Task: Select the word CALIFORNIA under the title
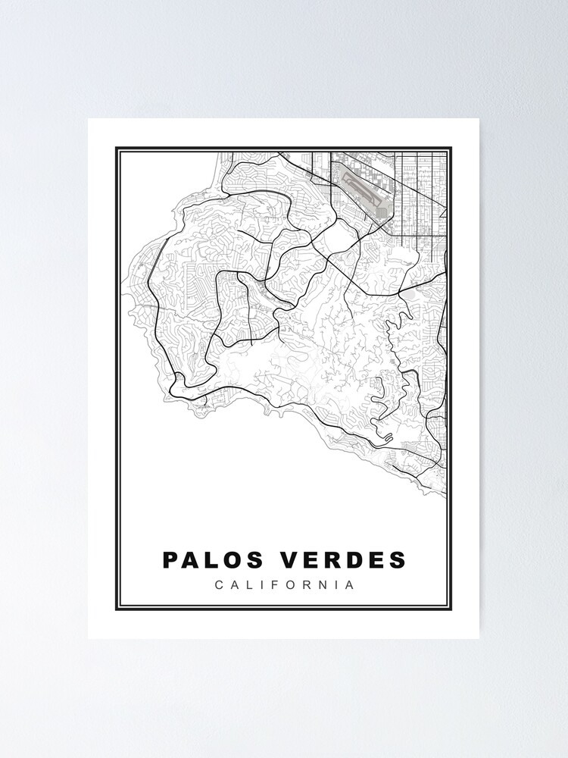pos(284,585)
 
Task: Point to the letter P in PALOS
pos(170,560)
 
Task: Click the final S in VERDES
pos(398,560)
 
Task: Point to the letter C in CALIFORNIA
pos(219,585)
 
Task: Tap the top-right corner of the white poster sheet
pos(479,118)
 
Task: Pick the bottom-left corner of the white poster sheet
pos(89,638)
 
